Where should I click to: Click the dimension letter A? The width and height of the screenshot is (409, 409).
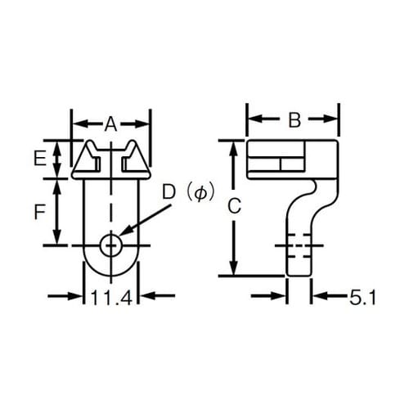click(111, 124)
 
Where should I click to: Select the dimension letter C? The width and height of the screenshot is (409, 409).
click(233, 208)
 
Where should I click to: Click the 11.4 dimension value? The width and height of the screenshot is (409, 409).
click(111, 299)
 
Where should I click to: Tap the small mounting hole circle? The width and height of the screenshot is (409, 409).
click(111, 245)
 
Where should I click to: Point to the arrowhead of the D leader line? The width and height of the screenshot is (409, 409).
click(123, 238)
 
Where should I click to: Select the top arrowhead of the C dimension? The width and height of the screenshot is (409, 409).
click(233, 146)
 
